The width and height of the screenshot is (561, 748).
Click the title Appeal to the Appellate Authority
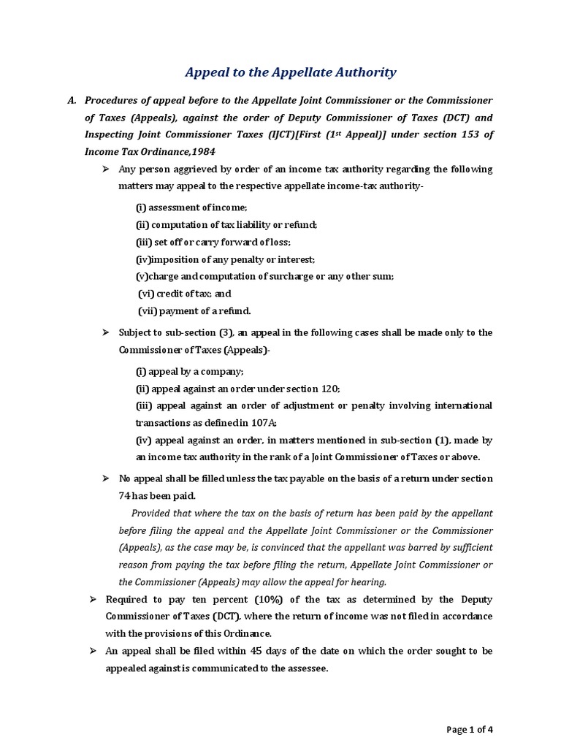coord(290,72)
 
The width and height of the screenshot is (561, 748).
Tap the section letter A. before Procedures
coord(72,100)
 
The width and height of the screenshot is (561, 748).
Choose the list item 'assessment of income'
coord(191,208)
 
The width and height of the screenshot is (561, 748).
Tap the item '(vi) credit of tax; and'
coord(185,294)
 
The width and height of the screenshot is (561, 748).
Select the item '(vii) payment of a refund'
coord(195,310)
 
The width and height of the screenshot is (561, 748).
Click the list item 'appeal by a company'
coord(190,372)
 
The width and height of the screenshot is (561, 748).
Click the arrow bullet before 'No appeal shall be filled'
coord(104,478)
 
